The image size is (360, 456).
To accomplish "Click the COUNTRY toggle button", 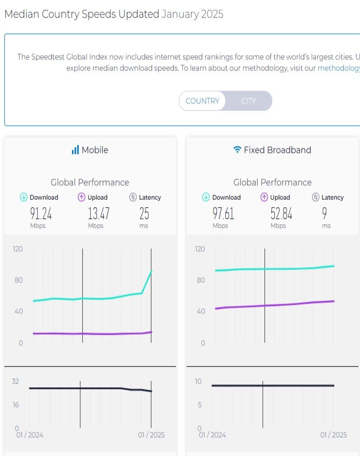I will [202, 101].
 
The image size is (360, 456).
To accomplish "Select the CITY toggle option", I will [248, 101].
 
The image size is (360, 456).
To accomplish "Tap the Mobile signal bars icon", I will [75, 150].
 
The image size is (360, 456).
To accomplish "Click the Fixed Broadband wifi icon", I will [238, 150].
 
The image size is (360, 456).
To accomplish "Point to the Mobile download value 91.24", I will [41, 214].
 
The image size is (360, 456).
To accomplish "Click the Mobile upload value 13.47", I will [98, 214].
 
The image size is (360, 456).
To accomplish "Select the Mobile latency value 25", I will [144, 214].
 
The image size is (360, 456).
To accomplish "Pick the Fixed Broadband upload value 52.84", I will [281, 214].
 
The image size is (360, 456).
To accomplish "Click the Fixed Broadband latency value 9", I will [325, 214].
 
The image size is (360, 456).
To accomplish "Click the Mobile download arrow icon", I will [24, 197].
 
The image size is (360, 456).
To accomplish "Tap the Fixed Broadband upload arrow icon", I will [264, 197].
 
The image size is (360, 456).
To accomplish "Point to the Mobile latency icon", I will [133, 197].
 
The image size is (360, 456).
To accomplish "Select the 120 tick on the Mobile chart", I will [18, 249].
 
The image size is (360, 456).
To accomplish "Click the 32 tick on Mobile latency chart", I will [16, 382].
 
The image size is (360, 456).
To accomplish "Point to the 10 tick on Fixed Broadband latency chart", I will [198, 382].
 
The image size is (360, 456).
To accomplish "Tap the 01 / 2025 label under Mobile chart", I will [151, 435].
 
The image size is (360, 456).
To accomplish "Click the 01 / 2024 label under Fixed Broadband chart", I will [212, 435].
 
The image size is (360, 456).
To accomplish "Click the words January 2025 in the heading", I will [192, 14].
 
